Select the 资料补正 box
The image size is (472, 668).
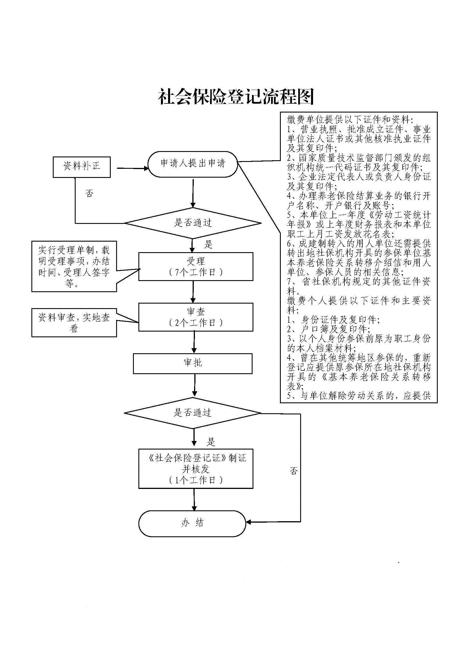coord(82,167)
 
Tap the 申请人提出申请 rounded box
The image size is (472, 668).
coord(193,164)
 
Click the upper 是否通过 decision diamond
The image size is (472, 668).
coord(193,223)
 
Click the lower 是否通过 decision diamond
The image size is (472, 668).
coord(192,413)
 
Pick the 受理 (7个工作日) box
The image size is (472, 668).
coord(195,266)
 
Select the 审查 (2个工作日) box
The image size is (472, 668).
coord(195,317)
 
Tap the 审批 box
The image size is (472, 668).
coord(193,363)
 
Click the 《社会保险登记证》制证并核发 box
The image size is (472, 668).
coord(195,469)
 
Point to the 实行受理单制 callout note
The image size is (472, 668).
coord(74,266)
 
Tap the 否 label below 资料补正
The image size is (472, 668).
coord(90,193)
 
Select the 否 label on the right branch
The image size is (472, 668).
coord(294,471)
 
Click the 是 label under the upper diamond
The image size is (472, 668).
coord(208,244)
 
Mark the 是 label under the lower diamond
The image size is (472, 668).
coord(211,442)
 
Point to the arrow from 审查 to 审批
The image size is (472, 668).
coord(194,342)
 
